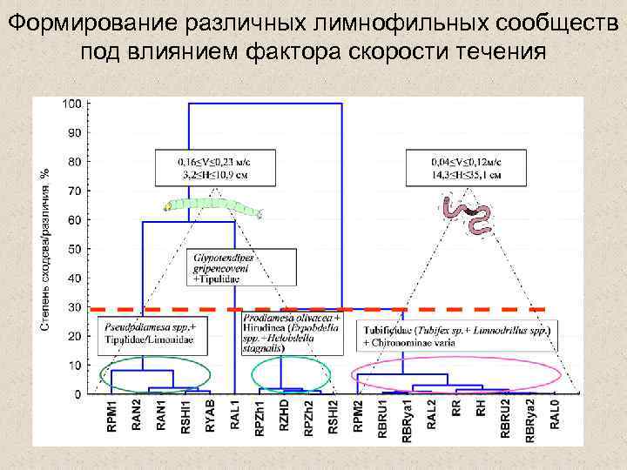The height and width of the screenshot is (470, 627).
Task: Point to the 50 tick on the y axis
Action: click(x=74, y=249)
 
